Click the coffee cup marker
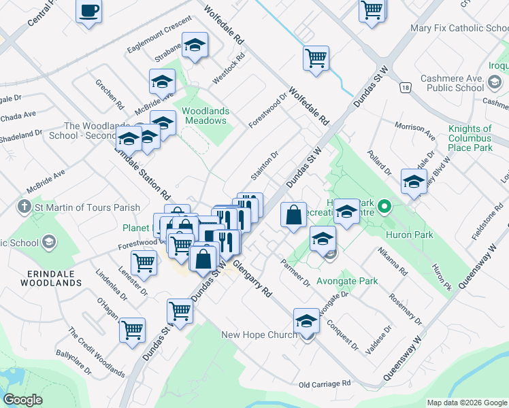[89, 12]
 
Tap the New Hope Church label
[259, 335]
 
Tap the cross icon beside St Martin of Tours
[24, 207]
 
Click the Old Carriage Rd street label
[324, 384]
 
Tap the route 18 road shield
[406, 88]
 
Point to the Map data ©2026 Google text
[467, 403]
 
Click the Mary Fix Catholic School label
[459, 29]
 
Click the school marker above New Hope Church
[306, 320]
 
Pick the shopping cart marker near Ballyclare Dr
[132, 330]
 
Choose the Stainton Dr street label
[265, 166]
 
